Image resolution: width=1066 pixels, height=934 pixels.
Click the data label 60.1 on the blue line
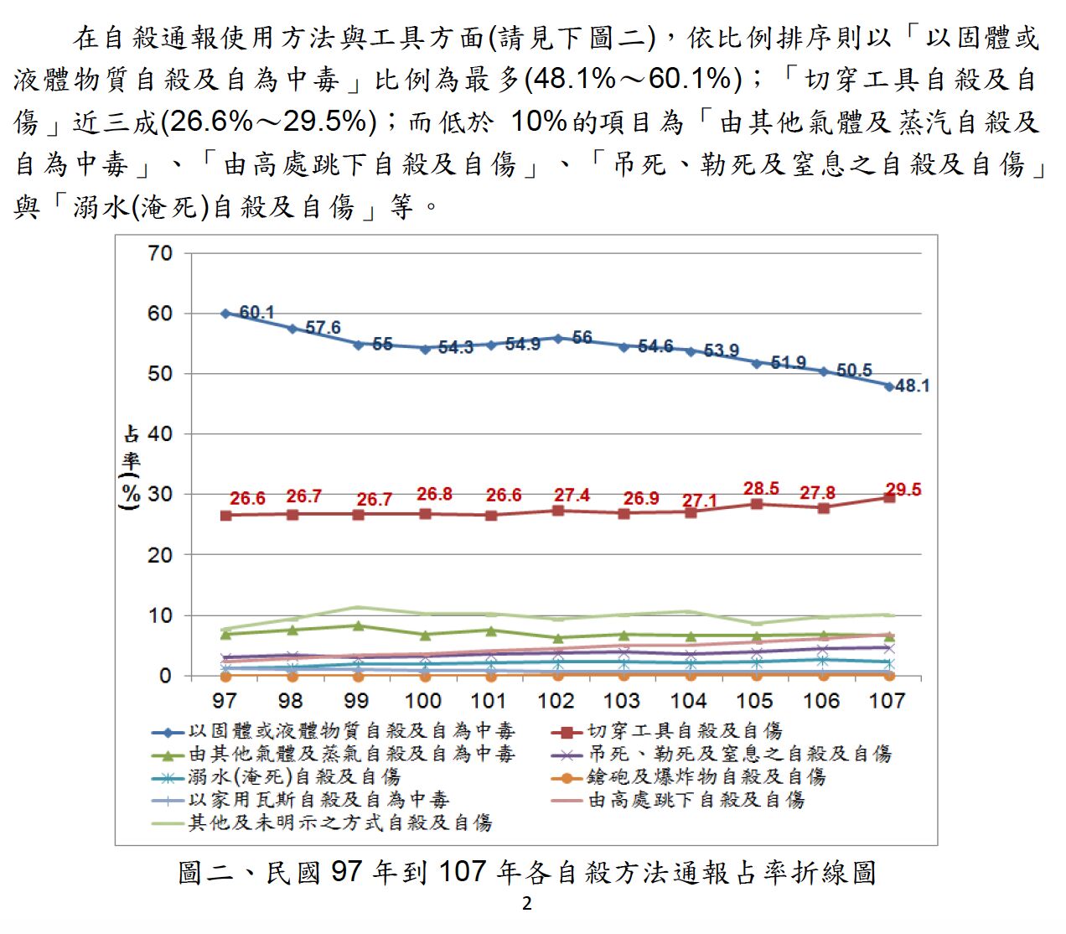click(x=256, y=313)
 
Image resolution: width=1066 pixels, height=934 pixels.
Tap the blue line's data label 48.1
click(x=912, y=386)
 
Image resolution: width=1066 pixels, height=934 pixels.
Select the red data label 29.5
click(x=903, y=490)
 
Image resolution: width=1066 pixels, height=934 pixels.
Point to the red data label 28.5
click(x=761, y=488)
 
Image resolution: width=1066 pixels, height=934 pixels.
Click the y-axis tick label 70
click(x=160, y=253)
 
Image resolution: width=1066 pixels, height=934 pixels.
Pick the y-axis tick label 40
click(x=160, y=434)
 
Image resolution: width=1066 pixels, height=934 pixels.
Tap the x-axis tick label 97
click(x=225, y=701)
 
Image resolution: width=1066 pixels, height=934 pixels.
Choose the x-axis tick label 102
click(x=556, y=701)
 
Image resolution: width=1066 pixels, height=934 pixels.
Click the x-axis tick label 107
click(x=887, y=701)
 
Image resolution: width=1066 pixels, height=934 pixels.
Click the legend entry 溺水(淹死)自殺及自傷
click(x=293, y=777)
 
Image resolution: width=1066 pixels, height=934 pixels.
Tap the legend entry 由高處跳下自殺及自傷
click(x=696, y=800)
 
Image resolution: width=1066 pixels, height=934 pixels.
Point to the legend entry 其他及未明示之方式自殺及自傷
click(x=339, y=822)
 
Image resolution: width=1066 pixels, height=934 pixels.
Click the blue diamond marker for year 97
click(x=225, y=314)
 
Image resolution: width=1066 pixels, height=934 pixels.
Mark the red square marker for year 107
click(x=888, y=498)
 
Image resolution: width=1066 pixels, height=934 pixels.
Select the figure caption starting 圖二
click(x=527, y=873)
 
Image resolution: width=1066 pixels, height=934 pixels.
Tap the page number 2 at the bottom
click(x=527, y=904)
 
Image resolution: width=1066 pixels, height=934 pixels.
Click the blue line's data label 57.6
click(x=323, y=327)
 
